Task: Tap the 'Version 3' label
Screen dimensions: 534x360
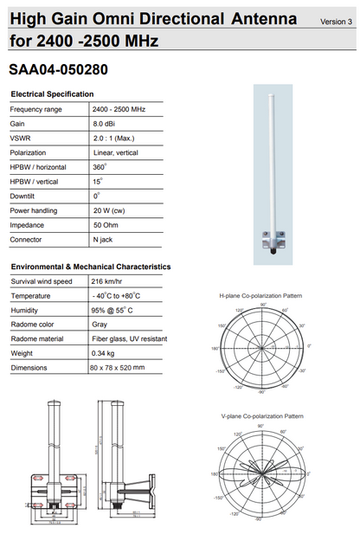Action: tap(335, 21)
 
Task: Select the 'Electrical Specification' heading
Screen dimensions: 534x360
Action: tap(52, 94)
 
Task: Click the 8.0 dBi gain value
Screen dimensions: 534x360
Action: tap(105, 124)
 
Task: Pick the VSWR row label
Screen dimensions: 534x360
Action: tap(21, 138)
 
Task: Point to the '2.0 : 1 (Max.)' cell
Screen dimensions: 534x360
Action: tap(114, 138)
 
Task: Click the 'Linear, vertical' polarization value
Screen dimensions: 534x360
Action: tap(116, 152)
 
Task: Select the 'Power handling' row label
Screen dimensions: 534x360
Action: tap(35, 210)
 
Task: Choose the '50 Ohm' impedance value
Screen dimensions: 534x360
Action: tap(107, 224)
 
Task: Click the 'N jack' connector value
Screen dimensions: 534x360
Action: tap(106, 239)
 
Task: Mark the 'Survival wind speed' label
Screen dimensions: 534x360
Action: tap(41, 281)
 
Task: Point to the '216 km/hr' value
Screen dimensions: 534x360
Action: tap(110, 281)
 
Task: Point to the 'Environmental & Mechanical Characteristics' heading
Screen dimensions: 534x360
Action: tap(91, 267)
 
